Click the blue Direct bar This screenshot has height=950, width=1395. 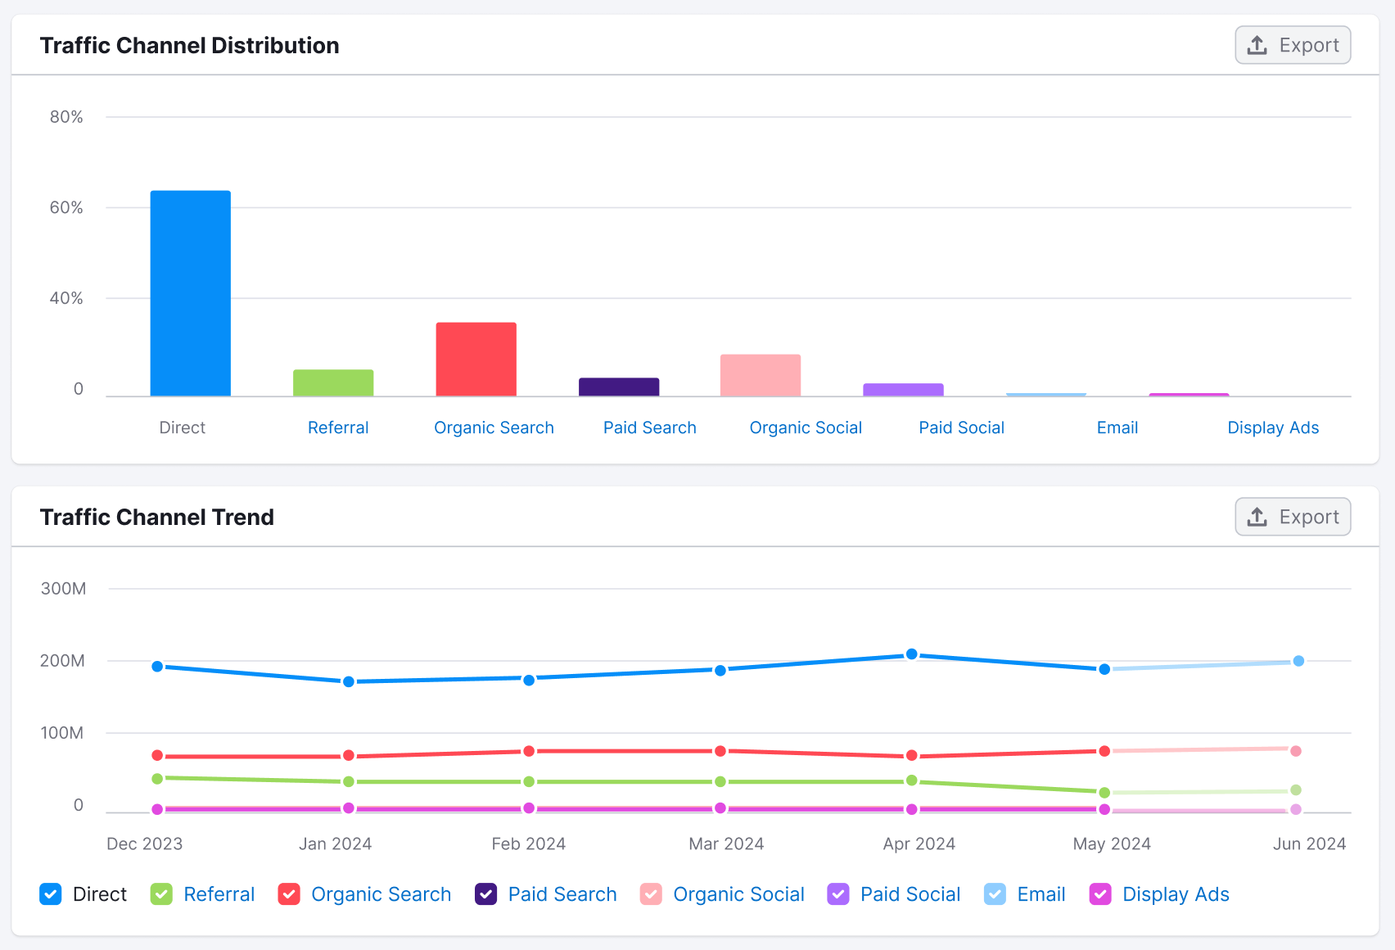tap(190, 293)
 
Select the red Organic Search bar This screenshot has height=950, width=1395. tap(476, 359)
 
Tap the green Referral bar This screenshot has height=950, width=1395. tap(333, 382)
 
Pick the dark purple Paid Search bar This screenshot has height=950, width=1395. tap(619, 387)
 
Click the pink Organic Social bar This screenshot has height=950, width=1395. tap(760, 375)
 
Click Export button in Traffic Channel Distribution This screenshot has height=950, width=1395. tap(1293, 45)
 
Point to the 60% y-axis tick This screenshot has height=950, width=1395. tap(66, 207)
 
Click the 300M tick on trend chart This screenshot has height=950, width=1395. tap(64, 588)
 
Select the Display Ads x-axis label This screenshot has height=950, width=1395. tap(1272, 427)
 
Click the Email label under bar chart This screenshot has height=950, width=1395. tap(1117, 427)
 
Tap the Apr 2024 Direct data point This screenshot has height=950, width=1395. tap(911, 654)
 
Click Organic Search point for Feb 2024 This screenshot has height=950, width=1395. tap(529, 751)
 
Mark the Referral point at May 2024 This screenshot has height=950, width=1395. tap(1104, 792)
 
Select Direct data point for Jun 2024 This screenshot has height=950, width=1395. tap(1298, 661)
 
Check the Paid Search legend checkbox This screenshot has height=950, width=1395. tap(486, 894)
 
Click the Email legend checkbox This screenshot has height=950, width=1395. tap(995, 894)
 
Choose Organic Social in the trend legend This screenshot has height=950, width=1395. tap(738, 894)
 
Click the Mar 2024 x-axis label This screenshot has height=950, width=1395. tap(726, 844)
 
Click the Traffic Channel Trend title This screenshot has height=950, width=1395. tap(157, 517)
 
